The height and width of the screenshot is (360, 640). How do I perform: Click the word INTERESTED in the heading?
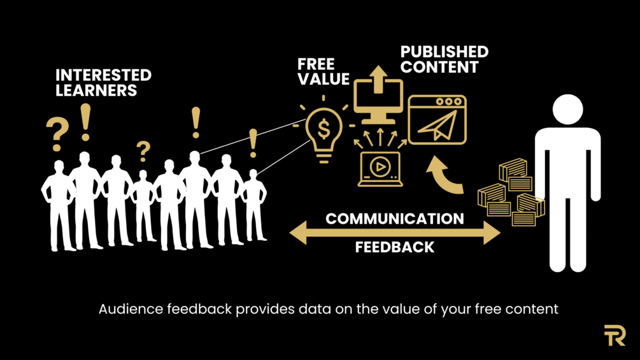point(103,75)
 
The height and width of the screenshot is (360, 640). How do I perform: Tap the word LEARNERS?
point(96,90)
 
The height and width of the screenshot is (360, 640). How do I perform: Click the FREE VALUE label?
point(324,72)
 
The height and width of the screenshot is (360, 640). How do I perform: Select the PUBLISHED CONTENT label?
point(444,59)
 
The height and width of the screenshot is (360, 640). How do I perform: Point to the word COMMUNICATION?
point(395,219)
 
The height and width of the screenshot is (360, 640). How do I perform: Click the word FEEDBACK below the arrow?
point(395,247)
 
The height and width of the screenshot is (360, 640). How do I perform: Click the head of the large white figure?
point(567,110)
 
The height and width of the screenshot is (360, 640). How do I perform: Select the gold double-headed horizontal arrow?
point(395,233)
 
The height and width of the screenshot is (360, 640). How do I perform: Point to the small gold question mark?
point(144,151)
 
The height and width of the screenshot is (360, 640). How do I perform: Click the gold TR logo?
point(615,335)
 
